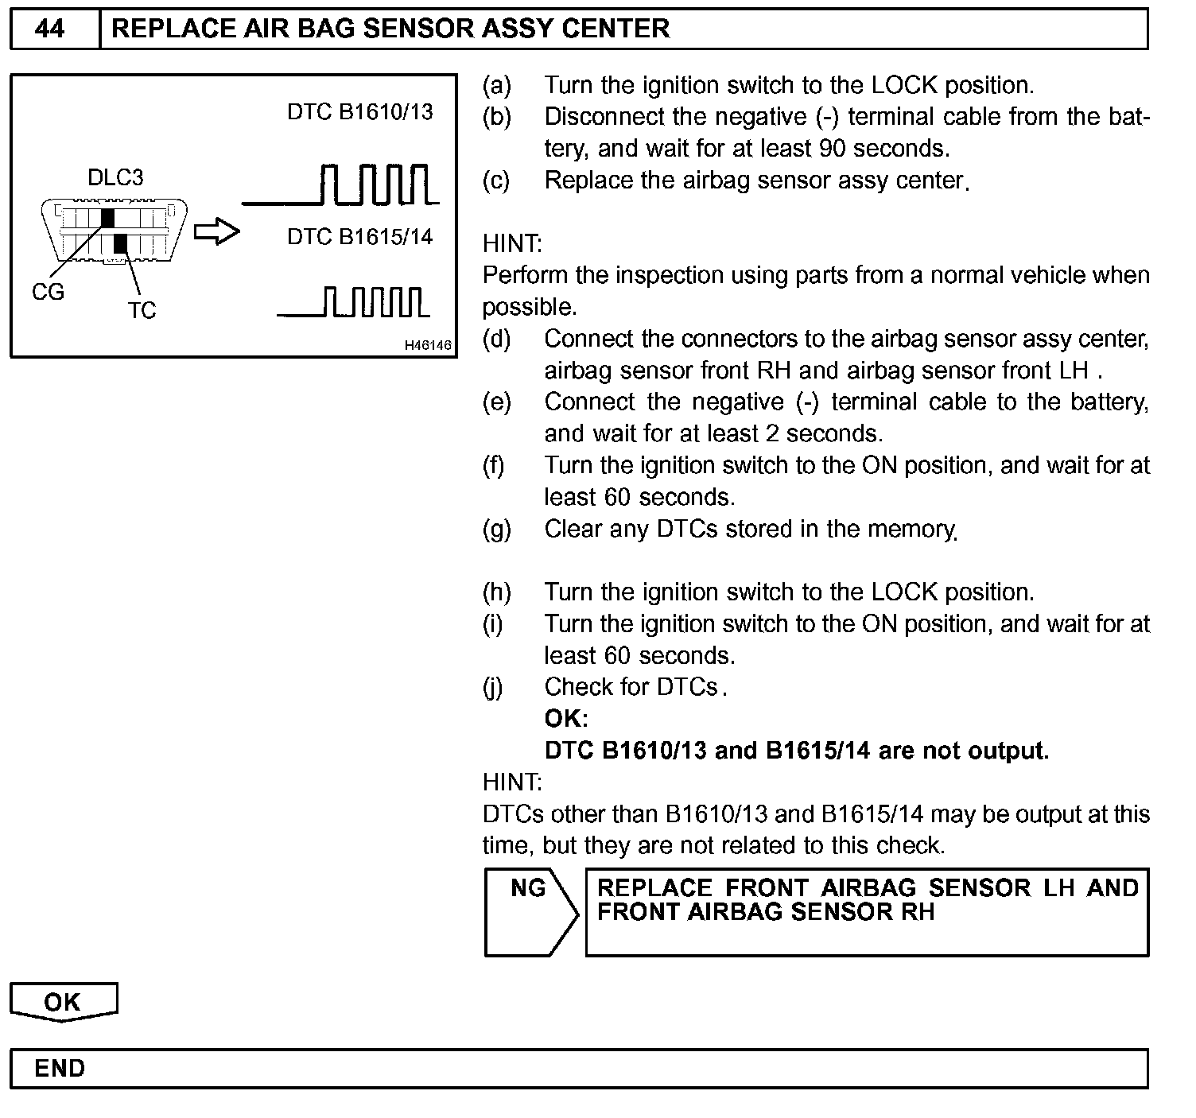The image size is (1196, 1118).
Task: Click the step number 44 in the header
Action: click(50, 29)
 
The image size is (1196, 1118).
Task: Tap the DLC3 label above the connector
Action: click(115, 177)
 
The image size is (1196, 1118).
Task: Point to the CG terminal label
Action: click(48, 293)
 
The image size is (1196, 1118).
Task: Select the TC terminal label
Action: click(142, 311)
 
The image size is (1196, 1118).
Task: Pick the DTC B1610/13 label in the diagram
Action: click(359, 112)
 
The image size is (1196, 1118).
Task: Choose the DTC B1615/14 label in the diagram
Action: click(359, 237)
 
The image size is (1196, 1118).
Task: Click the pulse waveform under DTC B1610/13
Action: click(342, 185)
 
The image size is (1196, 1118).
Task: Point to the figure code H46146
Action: click(427, 345)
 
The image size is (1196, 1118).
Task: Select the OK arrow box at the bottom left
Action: click(63, 1002)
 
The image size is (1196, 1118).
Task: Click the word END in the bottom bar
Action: click(60, 1068)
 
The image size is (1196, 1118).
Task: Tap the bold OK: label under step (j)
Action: click(566, 719)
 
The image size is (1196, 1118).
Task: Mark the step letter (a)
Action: click(497, 85)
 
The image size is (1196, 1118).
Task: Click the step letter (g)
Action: click(497, 529)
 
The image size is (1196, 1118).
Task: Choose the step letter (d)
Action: click(497, 339)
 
